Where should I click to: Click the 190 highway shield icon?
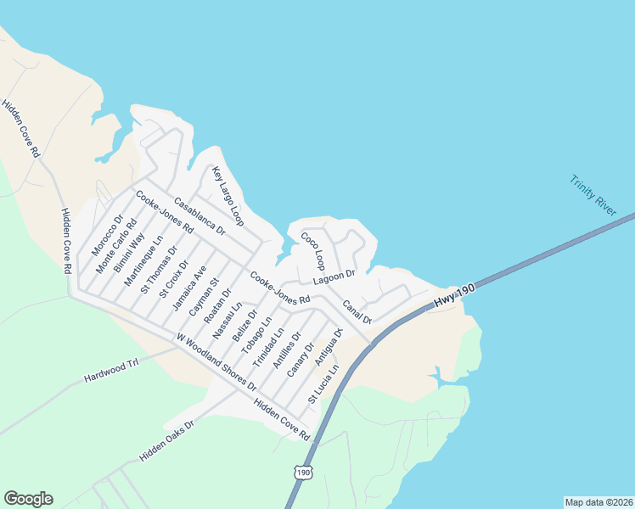304,471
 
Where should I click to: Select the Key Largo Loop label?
228,196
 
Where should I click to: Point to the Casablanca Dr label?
199,216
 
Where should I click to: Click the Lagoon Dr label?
333,277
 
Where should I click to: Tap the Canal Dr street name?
357,311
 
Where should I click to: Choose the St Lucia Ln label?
323,383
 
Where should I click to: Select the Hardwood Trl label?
110,371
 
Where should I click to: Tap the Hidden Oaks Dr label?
167,440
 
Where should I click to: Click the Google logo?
28,499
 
